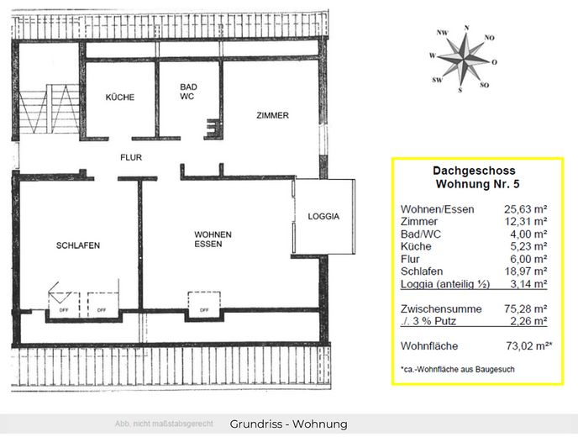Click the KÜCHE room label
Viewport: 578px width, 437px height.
[x=119, y=97]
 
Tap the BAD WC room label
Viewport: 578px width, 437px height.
[x=188, y=92]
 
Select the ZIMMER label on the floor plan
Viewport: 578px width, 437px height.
[x=272, y=116]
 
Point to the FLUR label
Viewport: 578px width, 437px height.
[x=131, y=157]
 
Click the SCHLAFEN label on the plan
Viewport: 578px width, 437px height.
[x=78, y=245]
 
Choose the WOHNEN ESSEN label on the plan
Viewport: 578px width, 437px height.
[x=213, y=240]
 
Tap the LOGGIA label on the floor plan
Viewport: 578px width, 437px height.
[x=323, y=216]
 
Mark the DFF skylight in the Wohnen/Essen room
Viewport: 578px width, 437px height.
[x=204, y=303]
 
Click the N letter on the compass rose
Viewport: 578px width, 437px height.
[x=467, y=27]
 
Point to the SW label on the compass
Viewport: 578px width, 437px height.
[x=437, y=80]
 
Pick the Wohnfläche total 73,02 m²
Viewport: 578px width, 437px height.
[x=527, y=345]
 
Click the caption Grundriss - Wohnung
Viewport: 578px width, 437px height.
[x=288, y=424]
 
